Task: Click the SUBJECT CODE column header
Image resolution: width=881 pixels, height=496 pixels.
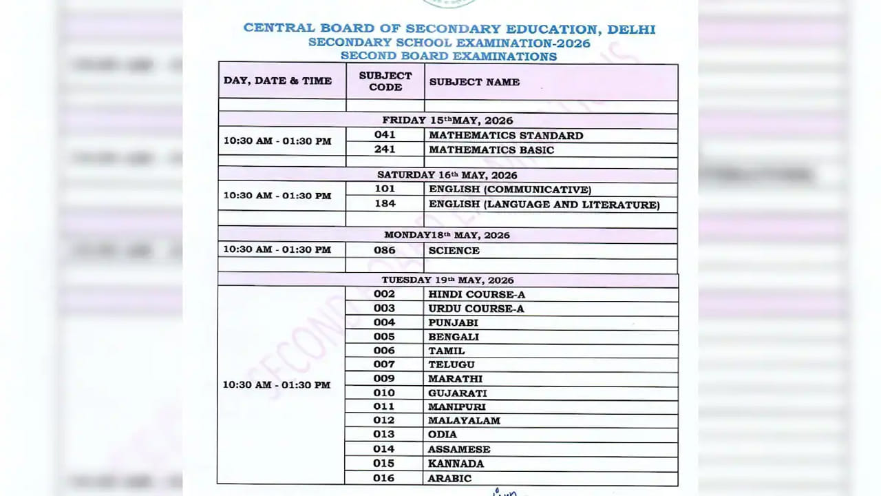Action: click(385, 81)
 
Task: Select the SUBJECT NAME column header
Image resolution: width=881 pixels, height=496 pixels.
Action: click(474, 82)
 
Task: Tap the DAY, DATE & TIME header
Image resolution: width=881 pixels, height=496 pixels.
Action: click(277, 81)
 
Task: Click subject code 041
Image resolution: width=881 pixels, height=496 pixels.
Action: click(385, 135)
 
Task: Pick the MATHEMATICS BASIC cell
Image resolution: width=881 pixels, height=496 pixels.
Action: click(491, 149)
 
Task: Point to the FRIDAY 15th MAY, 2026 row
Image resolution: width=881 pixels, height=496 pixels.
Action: click(447, 121)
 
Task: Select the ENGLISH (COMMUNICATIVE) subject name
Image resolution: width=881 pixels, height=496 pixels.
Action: click(509, 189)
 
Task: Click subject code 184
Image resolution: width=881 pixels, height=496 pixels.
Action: click(385, 204)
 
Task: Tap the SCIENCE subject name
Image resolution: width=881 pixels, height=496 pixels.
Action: click(454, 251)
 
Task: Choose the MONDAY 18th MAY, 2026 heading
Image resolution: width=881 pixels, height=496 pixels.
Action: click(447, 235)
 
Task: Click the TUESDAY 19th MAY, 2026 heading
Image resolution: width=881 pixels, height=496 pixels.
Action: click(447, 280)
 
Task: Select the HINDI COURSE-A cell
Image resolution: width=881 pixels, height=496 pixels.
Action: click(476, 294)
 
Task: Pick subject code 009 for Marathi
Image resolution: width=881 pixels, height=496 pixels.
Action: click(384, 378)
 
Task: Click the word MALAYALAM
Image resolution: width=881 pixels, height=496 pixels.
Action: click(464, 420)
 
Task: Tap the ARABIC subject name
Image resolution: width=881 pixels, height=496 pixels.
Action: click(449, 478)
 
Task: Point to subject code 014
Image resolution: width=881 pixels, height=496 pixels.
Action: click(384, 449)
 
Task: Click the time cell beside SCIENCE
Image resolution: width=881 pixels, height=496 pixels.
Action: click(277, 249)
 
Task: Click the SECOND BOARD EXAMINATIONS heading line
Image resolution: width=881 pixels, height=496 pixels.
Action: click(448, 56)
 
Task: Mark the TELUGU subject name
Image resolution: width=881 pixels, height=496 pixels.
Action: click(451, 364)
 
